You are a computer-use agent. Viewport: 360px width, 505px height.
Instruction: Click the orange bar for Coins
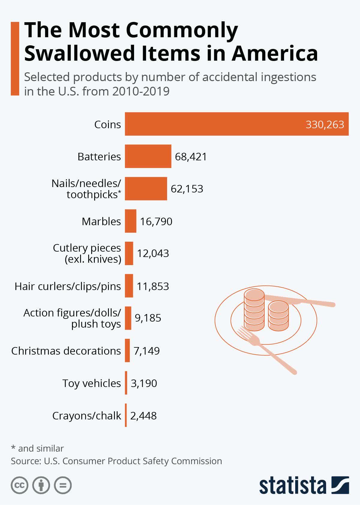click(x=210, y=124)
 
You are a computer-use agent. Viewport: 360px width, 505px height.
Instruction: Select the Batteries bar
click(x=148, y=156)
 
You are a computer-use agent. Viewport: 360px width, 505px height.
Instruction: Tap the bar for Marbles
click(x=130, y=221)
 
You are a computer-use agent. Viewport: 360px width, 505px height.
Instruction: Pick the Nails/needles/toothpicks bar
click(x=146, y=189)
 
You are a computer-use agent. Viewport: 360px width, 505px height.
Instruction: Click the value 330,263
click(x=325, y=124)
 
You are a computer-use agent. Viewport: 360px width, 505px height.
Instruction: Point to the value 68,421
click(x=191, y=156)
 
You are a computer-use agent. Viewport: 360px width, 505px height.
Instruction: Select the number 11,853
click(x=153, y=286)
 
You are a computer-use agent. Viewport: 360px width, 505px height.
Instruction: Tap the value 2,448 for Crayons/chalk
click(x=143, y=416)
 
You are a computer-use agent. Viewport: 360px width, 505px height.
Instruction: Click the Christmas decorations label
click(x=66, y=351)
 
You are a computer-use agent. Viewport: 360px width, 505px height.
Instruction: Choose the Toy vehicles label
click(x=91, y=383)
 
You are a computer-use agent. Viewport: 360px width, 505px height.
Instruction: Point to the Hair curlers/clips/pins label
click(x=68, y=286)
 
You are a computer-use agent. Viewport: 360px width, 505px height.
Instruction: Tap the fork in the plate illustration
click(x=264, y=348)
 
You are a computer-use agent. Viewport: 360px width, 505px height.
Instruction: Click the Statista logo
click(x=304, y=485)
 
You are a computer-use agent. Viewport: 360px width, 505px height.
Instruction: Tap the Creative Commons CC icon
click(x=19, y=485)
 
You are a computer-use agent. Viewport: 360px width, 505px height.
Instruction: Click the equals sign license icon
click(x=63, y=485)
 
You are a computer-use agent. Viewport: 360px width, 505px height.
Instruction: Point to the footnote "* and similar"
click(x=37, y=448)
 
